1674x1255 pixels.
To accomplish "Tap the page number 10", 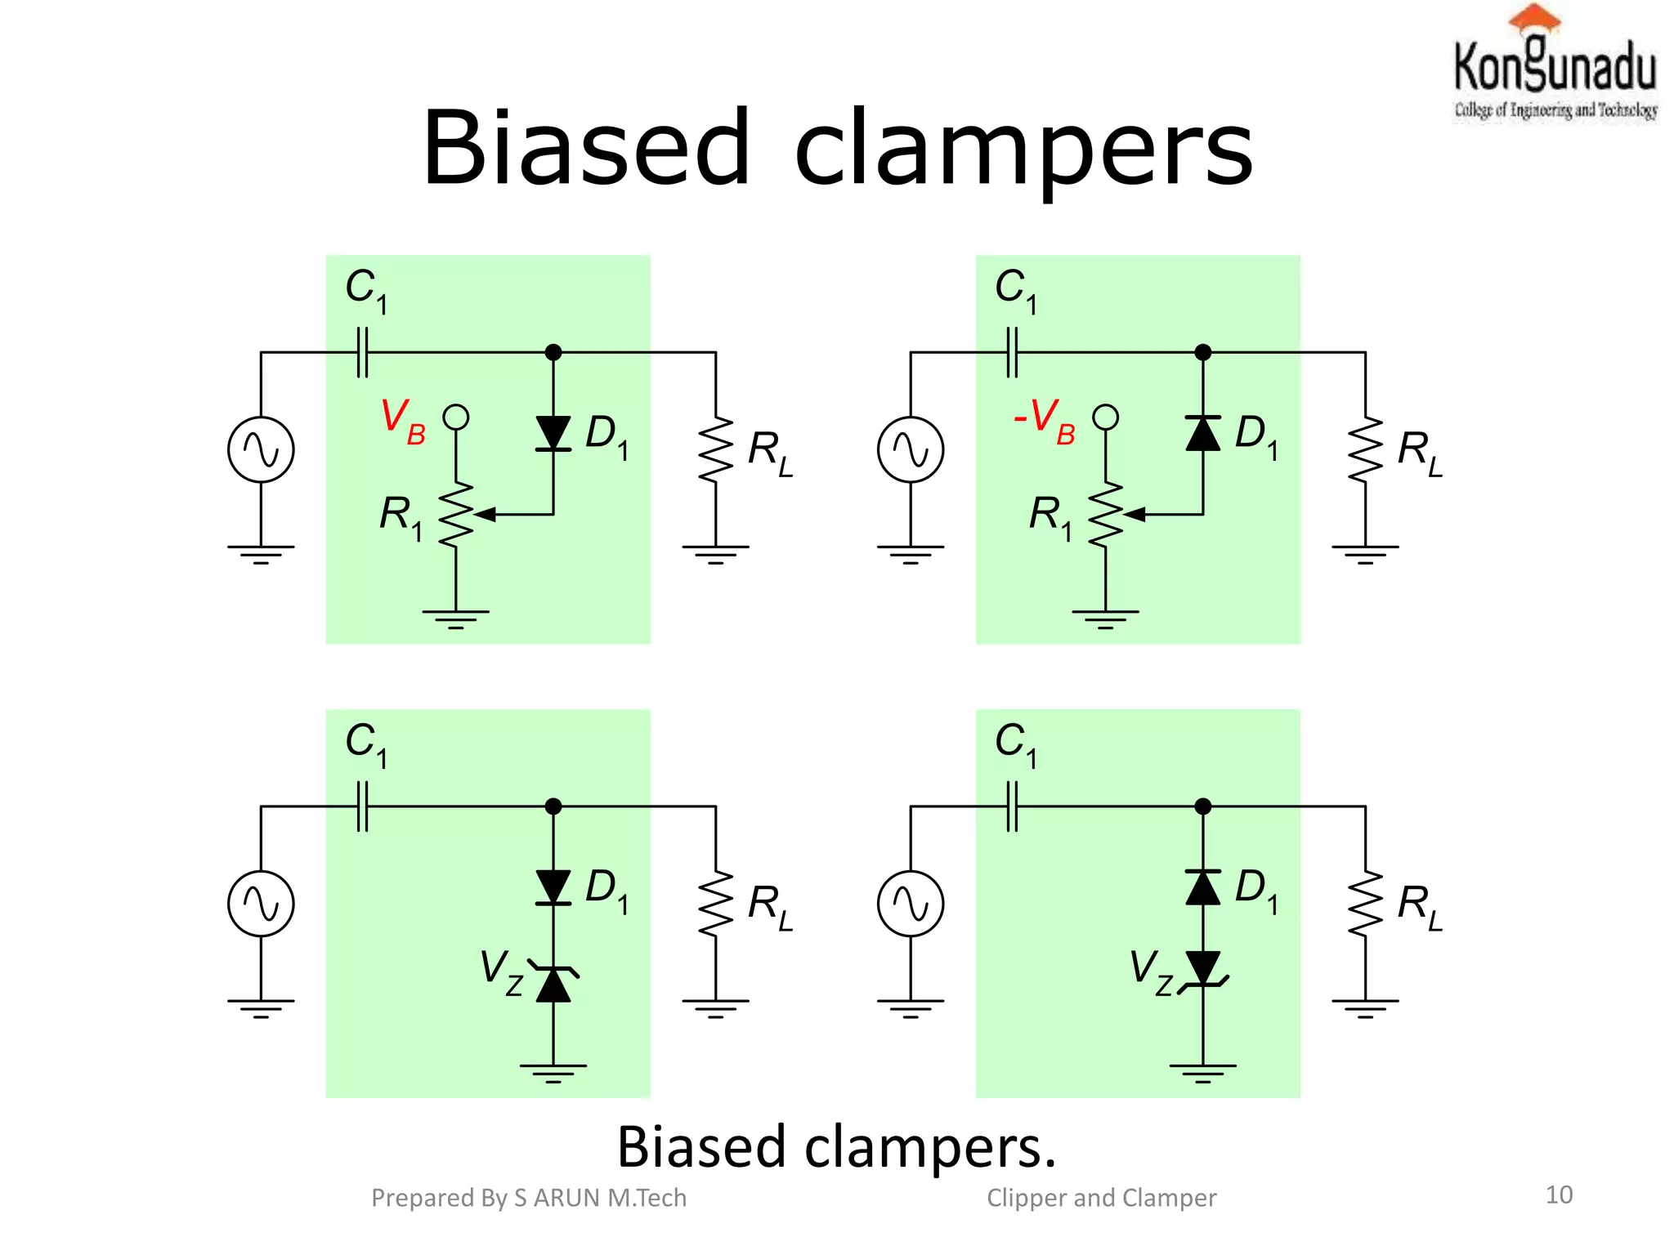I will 1559,1195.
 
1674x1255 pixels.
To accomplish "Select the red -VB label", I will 1044,420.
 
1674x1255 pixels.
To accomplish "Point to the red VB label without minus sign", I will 403,420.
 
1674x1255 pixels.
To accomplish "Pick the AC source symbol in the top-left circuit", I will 261,449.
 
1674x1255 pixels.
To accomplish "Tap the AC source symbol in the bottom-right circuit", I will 911,904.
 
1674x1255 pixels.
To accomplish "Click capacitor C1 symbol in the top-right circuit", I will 1013,352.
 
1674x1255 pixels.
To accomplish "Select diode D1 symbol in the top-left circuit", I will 553,433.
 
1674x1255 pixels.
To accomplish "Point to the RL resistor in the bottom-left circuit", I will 715,904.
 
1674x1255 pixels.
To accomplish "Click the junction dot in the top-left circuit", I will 553,352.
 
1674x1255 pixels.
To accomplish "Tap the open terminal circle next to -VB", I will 1106,418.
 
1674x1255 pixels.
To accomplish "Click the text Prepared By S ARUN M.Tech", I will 529,1198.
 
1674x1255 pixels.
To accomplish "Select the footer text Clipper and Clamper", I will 1101,1198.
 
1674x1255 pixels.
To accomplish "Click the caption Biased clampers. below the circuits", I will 836,1146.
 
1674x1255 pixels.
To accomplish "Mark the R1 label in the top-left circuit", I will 401,517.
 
